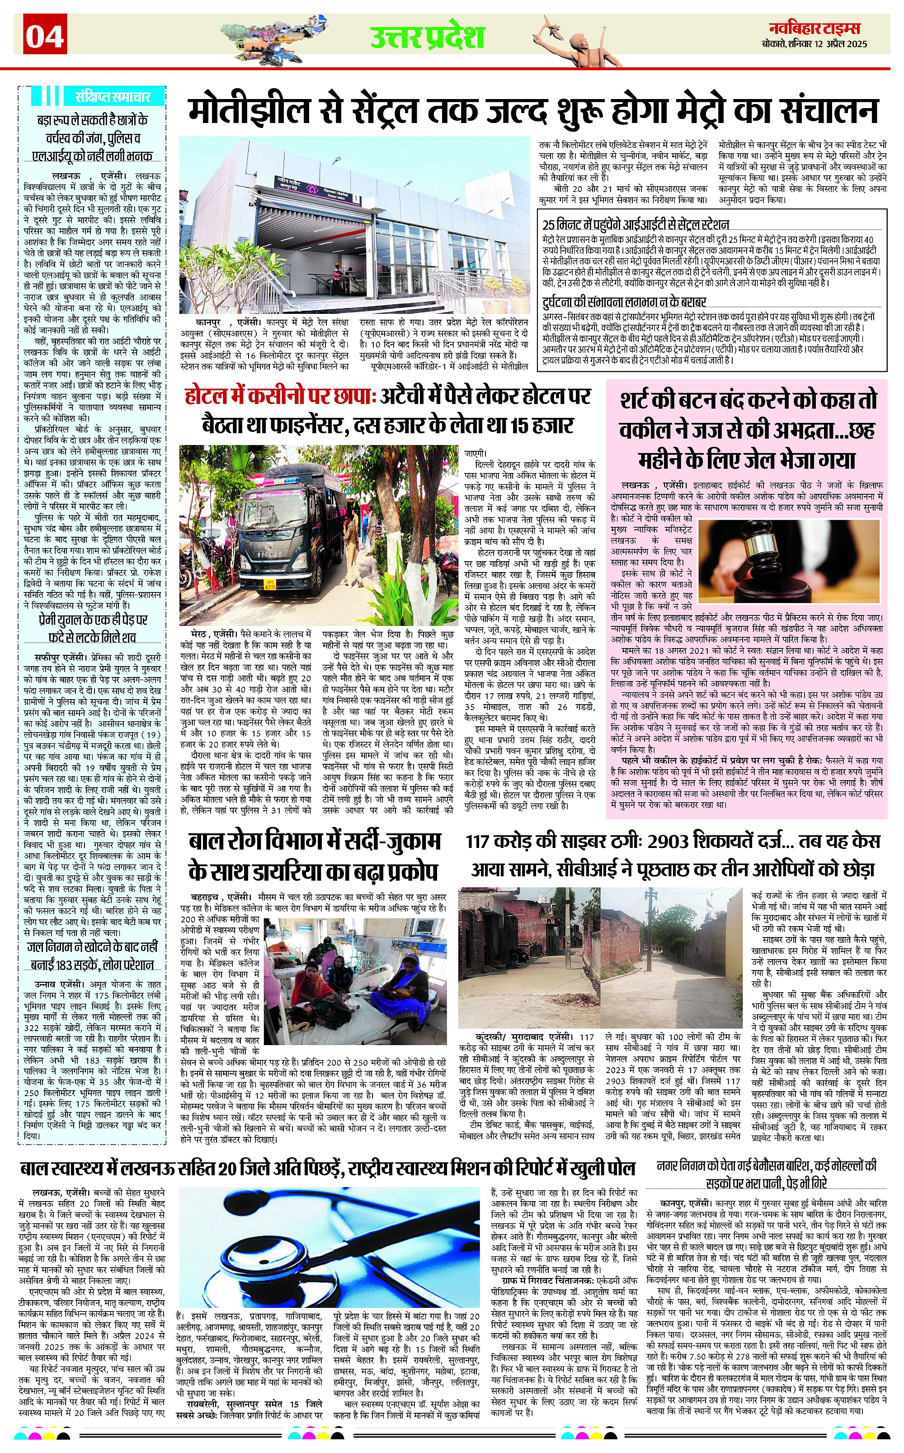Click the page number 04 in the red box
45,37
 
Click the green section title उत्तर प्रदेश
426,37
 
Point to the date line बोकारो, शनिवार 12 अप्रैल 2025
815,44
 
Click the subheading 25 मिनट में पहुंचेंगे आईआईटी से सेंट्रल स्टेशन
636,224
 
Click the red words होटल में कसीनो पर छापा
278,396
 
